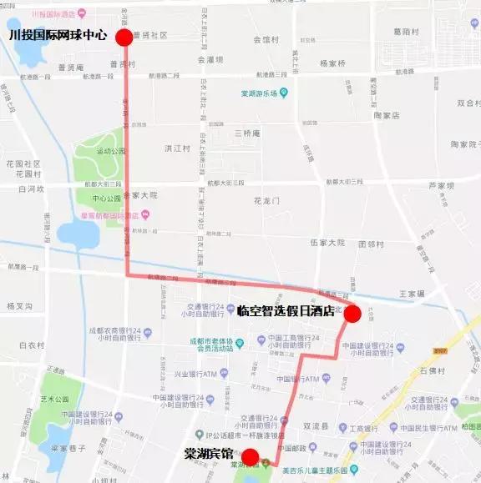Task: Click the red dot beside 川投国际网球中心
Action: (x=124, y=38)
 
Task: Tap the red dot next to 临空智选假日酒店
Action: (x=352, y=314)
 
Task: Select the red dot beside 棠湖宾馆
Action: (x=250, y=456)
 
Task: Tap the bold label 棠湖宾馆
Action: (x=209, y=455)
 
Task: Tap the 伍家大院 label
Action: (x=327, y=243)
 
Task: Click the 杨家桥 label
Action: (x=332, y=63)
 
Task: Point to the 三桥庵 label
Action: (x=248, y=133)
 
